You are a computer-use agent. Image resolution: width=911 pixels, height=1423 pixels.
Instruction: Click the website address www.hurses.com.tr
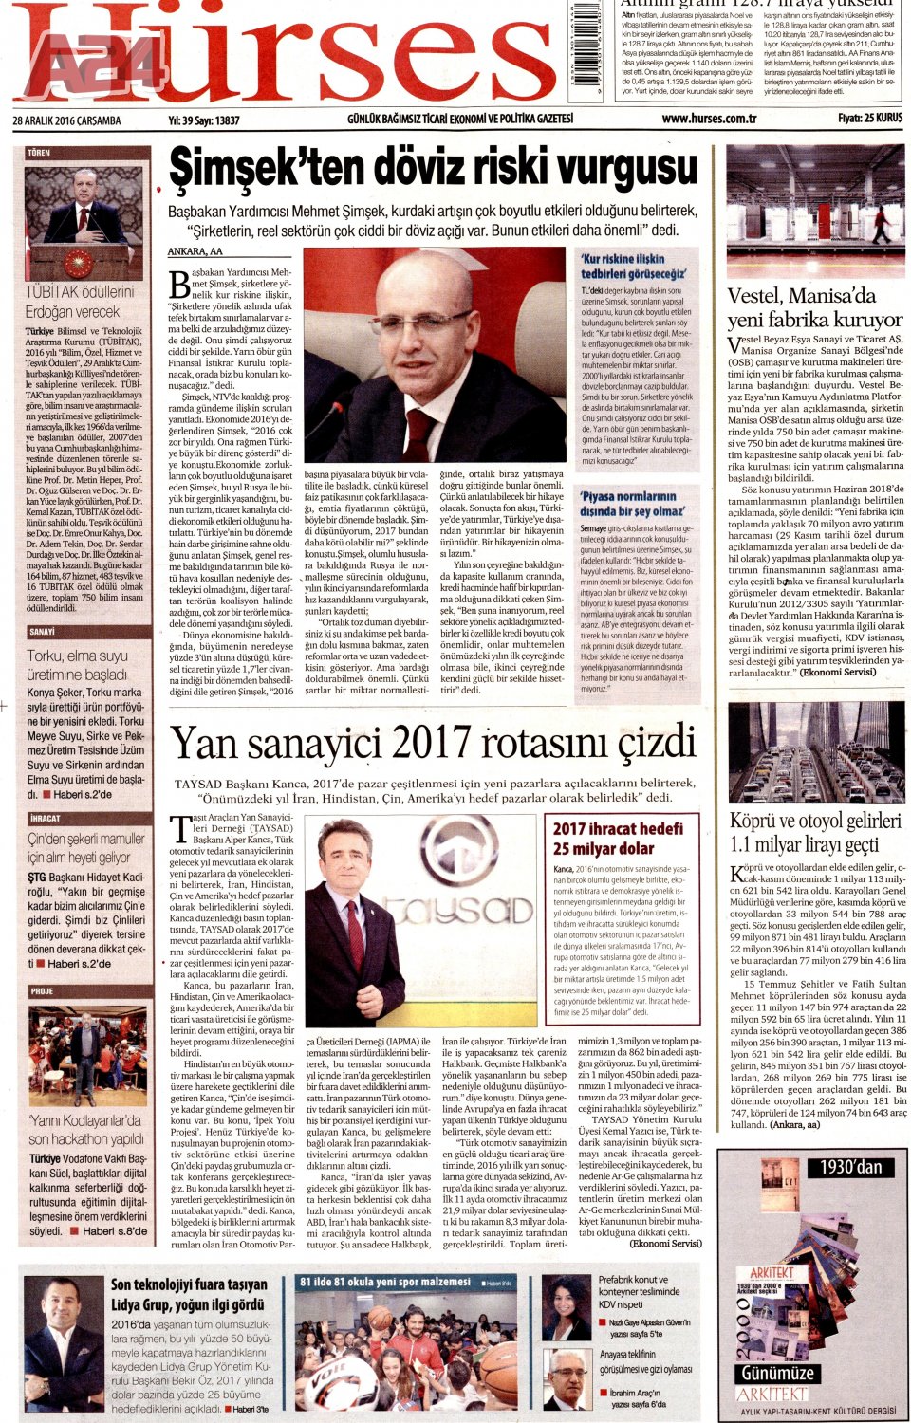pyautogui.click(x=709, y=119)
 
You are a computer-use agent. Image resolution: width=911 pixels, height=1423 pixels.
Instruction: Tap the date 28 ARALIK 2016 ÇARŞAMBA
pyautogui.click(x=67, y=120)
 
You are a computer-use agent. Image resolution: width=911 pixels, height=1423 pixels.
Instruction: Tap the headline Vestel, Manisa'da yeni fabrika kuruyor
pyautogui.click(x=814, y=307)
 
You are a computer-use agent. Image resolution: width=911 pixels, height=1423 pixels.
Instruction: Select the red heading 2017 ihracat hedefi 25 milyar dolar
pyautogui.click(x=617, y=838)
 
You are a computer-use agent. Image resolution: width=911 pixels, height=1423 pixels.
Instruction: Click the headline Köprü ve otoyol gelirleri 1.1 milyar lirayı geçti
pyautogui.click(x=814, y=832)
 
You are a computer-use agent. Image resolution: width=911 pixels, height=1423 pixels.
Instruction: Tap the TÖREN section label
pyautogui.click(x=39, y=153)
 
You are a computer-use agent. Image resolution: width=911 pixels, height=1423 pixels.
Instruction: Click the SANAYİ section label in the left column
pyautogui.click(x=42, y=632)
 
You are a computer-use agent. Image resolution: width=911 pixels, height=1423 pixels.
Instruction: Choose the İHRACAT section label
pyautogui.click(x=45, y=818)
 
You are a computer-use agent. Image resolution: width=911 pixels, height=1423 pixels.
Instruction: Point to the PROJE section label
pyautogui.click(x=42, y=990)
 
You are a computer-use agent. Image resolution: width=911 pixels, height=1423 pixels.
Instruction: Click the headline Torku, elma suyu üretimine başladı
pyautogui.click(x=77, y=664)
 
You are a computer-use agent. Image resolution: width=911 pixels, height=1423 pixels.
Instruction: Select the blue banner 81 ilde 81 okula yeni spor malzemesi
pyautogui.click(x=384, y=1282)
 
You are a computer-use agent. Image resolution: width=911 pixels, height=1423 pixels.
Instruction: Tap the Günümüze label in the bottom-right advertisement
pyautogui.click(x=777, y=1373)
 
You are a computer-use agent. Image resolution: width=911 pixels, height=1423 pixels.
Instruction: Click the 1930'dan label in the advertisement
pyautogui.click(x=849, y=1166)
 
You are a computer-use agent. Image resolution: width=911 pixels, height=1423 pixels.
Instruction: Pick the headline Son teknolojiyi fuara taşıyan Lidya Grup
pyautogui.click(x=189, y=1294)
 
